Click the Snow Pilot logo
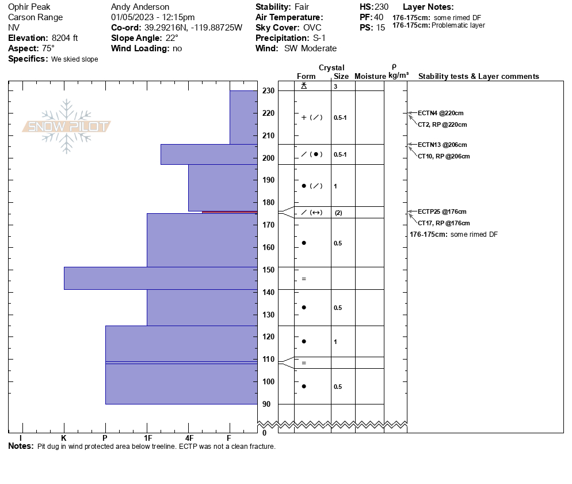67,127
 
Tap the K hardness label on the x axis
63,438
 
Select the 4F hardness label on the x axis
189,438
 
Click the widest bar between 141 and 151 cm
161,278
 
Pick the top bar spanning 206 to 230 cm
243,118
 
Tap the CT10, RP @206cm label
443,156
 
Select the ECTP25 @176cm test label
442,211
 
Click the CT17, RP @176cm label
443,223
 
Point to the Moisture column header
370,77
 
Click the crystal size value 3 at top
335,86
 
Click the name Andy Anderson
140,7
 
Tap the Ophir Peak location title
29,7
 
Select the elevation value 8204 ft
64,38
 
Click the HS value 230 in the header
382,7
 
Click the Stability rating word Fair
302,7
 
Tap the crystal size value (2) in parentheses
338,213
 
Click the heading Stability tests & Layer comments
478,77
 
